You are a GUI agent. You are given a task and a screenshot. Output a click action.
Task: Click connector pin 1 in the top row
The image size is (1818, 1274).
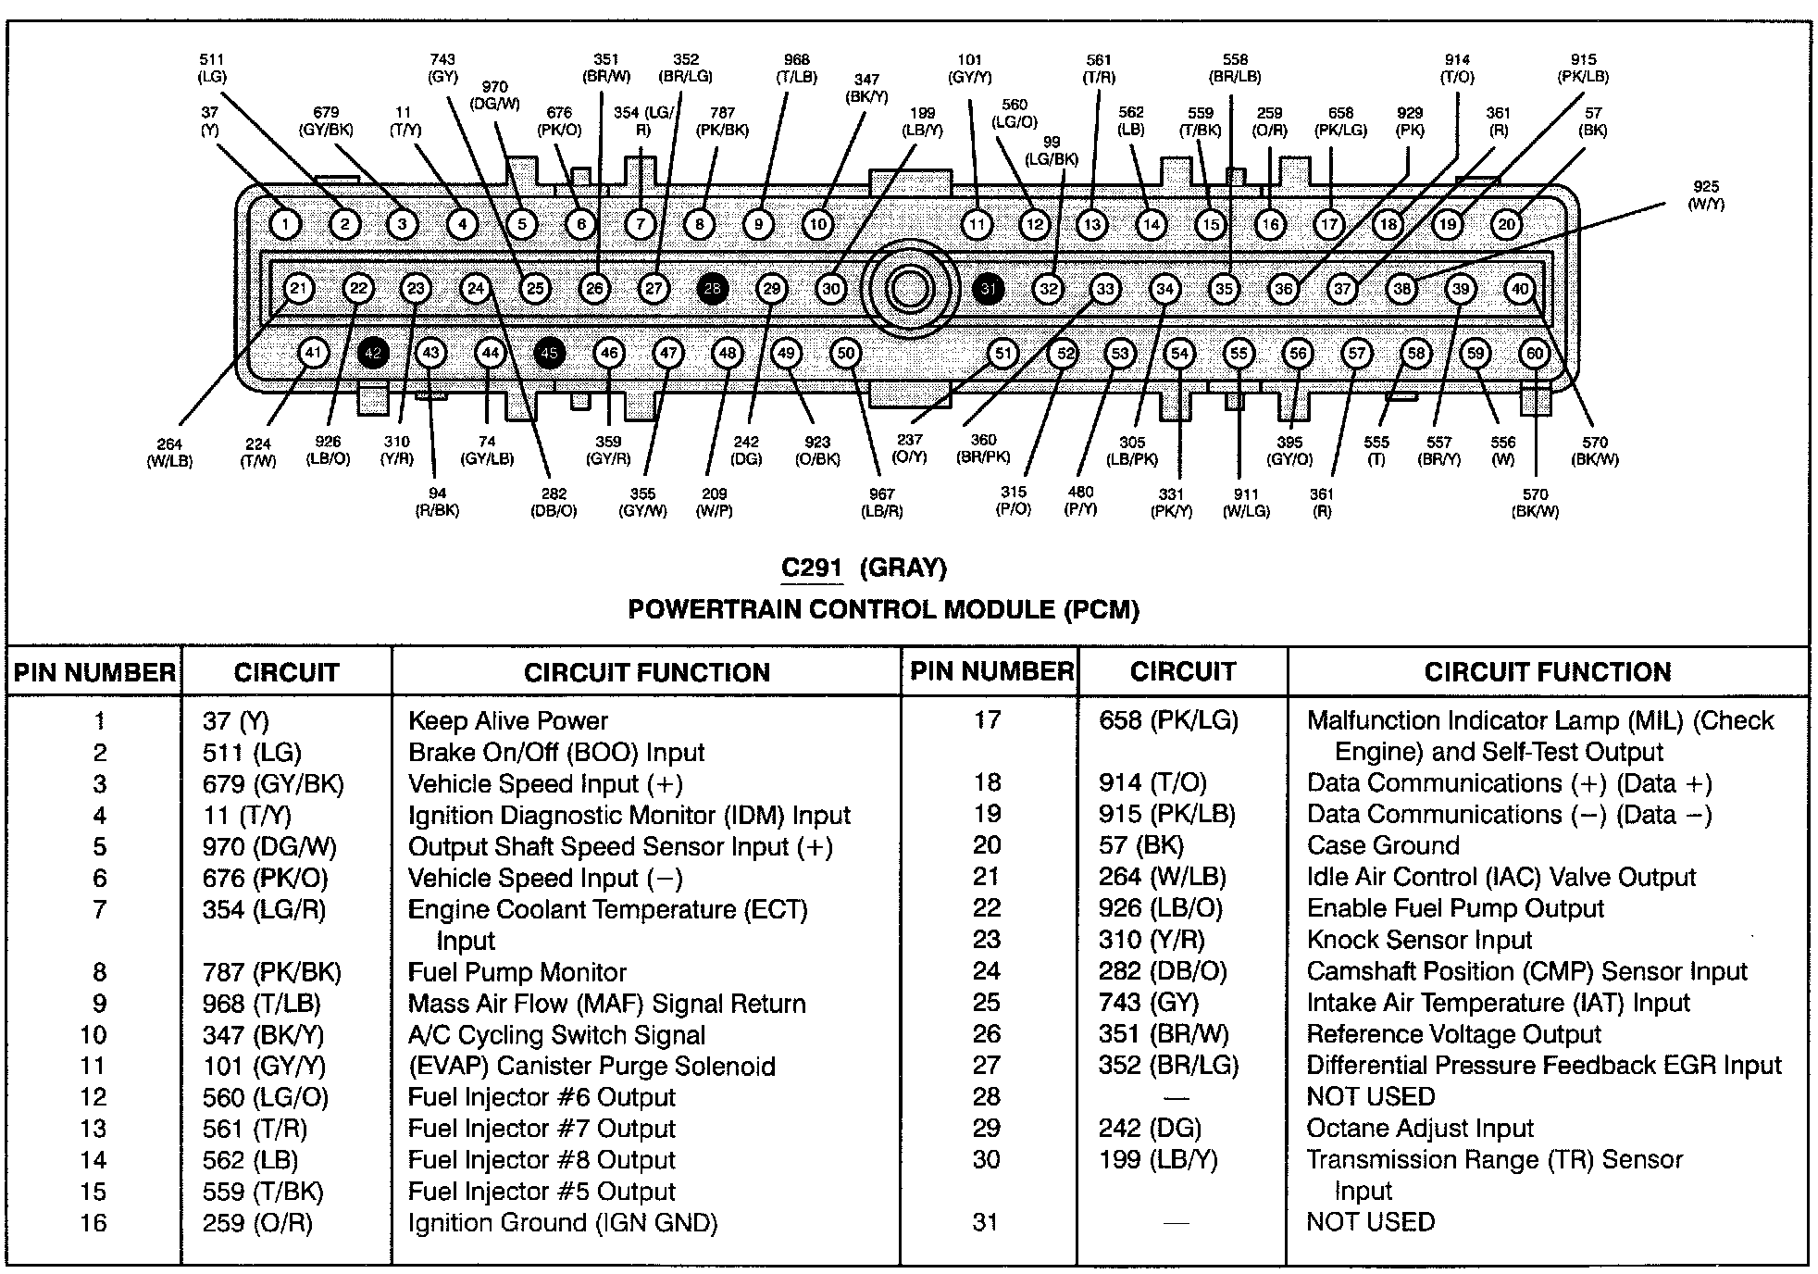285,224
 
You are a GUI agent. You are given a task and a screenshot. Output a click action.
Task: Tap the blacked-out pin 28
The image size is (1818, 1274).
712,289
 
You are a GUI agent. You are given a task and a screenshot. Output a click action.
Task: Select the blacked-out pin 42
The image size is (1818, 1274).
373,353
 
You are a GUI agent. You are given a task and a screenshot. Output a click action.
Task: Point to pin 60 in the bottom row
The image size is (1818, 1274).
1535,353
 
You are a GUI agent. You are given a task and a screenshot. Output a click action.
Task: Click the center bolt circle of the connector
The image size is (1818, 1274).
910,289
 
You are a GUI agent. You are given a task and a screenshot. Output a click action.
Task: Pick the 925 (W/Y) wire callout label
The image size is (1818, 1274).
1706,195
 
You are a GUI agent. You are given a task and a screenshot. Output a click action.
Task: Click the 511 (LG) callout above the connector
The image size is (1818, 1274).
212,69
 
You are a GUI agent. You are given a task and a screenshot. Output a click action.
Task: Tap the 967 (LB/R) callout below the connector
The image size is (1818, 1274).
881,503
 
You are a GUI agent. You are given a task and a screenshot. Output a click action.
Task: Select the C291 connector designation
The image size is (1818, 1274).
811,568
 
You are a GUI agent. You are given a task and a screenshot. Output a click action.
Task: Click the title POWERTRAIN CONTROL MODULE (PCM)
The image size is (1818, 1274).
883,609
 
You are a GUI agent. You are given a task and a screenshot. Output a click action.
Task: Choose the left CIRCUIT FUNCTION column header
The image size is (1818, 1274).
646,672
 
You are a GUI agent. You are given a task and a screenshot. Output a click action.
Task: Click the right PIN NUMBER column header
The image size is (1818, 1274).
991,671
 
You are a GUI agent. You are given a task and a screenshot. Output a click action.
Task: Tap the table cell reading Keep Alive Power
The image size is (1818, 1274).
507,720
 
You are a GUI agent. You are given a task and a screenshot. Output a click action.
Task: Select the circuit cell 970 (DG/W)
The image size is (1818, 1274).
269,846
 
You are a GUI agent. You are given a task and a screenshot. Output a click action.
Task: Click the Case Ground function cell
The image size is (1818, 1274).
1383,844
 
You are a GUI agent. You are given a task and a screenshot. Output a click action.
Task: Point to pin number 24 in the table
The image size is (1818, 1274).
987,970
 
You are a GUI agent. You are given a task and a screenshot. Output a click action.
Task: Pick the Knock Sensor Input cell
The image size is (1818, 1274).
1419,940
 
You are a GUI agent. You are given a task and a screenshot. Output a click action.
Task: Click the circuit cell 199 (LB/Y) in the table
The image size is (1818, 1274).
1158,1159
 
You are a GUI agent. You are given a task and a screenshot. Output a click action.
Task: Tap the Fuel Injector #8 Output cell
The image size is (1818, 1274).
542,1160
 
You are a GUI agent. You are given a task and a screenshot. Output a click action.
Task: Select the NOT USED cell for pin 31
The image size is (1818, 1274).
1370,1222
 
